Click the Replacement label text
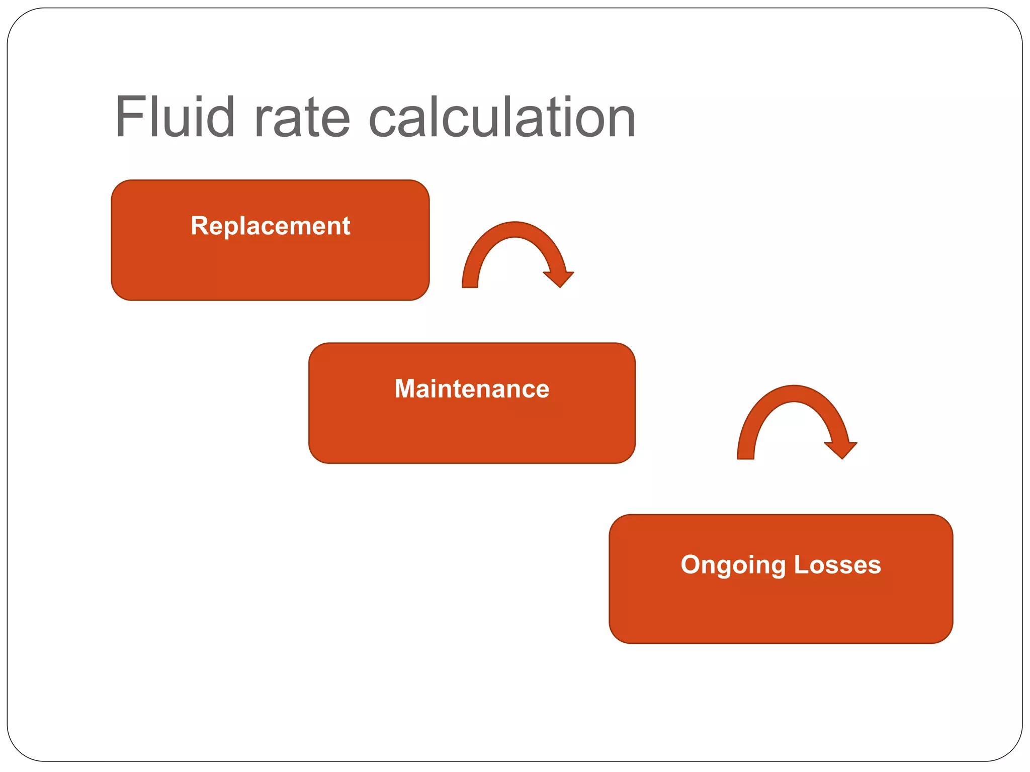coord(270,226)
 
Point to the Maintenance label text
coord(472,389)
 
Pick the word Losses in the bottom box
coord(837,564)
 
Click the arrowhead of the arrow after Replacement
coord(559,278)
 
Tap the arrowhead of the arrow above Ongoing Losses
coord(841,448)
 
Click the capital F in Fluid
coord(128,117)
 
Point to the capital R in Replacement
coord(199,226)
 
